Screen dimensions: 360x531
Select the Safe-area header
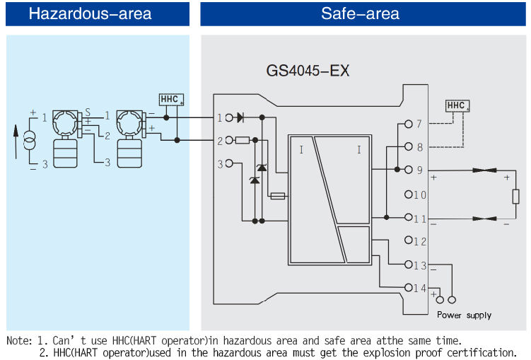[x=360, y=13]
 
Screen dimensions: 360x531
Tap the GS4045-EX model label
[x=308, y=71]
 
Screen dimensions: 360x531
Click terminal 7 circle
[x=408, y=124]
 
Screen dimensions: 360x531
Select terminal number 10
[x=420, y=194]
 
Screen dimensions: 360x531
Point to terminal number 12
[x=420, y=242]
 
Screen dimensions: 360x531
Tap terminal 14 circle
[x=408, y=287]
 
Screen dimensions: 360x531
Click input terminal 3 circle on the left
[x=229, y=163]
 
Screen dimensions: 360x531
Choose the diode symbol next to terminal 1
[x=240, y=117]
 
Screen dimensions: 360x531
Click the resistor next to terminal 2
[x=242, y=140]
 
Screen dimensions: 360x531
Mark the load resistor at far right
[x=516, y=195]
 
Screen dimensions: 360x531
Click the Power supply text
[x=464, y=315]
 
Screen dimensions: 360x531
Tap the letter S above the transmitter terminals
[x=88, y=112]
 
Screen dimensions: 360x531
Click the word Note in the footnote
[x=19, y=340]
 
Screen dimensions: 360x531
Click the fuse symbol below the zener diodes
[x=278, y=196]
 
